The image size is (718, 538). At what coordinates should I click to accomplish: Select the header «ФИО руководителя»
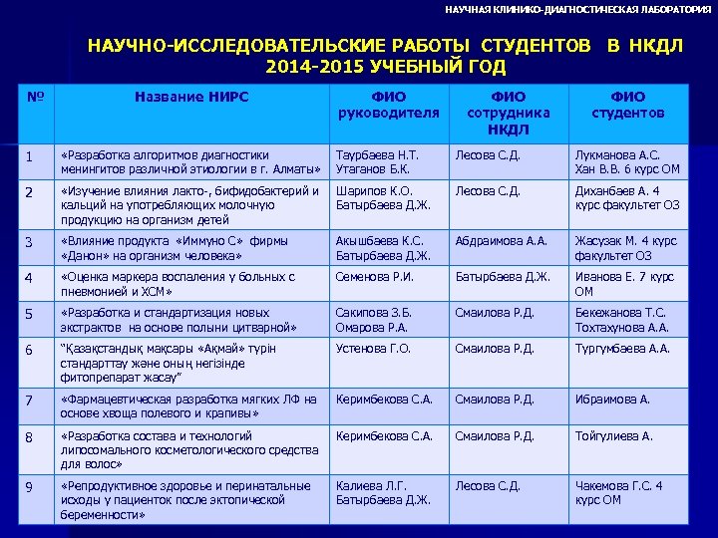389,105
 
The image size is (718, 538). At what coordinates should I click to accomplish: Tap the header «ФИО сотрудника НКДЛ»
509,113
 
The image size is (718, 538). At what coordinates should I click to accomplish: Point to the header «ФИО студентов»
628,105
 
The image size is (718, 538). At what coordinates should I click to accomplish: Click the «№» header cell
35,97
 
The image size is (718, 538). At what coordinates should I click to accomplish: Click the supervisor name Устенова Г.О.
373,349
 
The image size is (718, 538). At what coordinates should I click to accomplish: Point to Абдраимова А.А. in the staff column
502,240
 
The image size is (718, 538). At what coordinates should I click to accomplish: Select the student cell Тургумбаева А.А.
622,349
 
